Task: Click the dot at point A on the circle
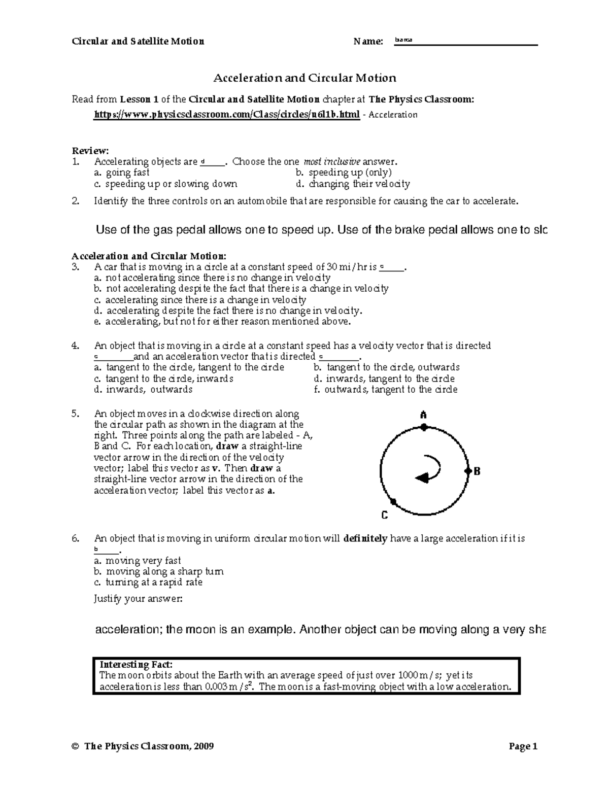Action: [423, 428]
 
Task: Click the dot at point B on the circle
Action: [467, 471]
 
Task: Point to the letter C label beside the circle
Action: [384, 516]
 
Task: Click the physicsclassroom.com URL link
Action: [227, 115]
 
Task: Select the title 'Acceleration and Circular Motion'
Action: [304, 78]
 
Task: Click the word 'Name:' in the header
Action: [368, 42]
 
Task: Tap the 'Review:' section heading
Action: [90, 151]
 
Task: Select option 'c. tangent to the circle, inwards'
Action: [163, 379]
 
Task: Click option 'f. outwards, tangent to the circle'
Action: [386, 390]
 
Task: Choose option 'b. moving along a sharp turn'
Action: [158, 571]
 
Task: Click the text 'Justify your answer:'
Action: [138, 599]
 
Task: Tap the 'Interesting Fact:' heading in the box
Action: [136, 665]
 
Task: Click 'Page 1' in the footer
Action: [523, 746]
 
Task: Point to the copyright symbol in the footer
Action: [76, 746]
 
